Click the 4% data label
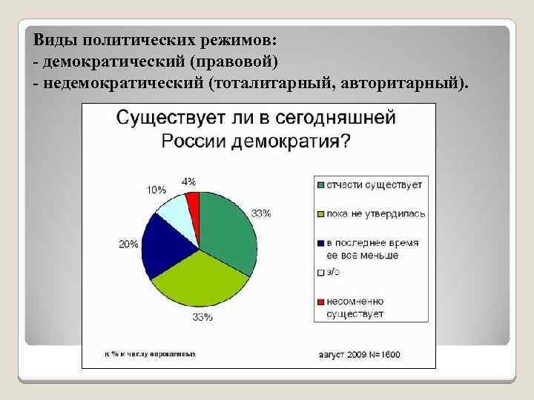[189, 181]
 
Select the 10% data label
[156, 190]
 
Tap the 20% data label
[128, 244]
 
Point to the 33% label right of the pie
[261, 213]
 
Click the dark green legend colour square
[320, 184]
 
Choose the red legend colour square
[320, 301]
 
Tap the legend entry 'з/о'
[333, 273]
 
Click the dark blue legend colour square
[320, 243]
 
